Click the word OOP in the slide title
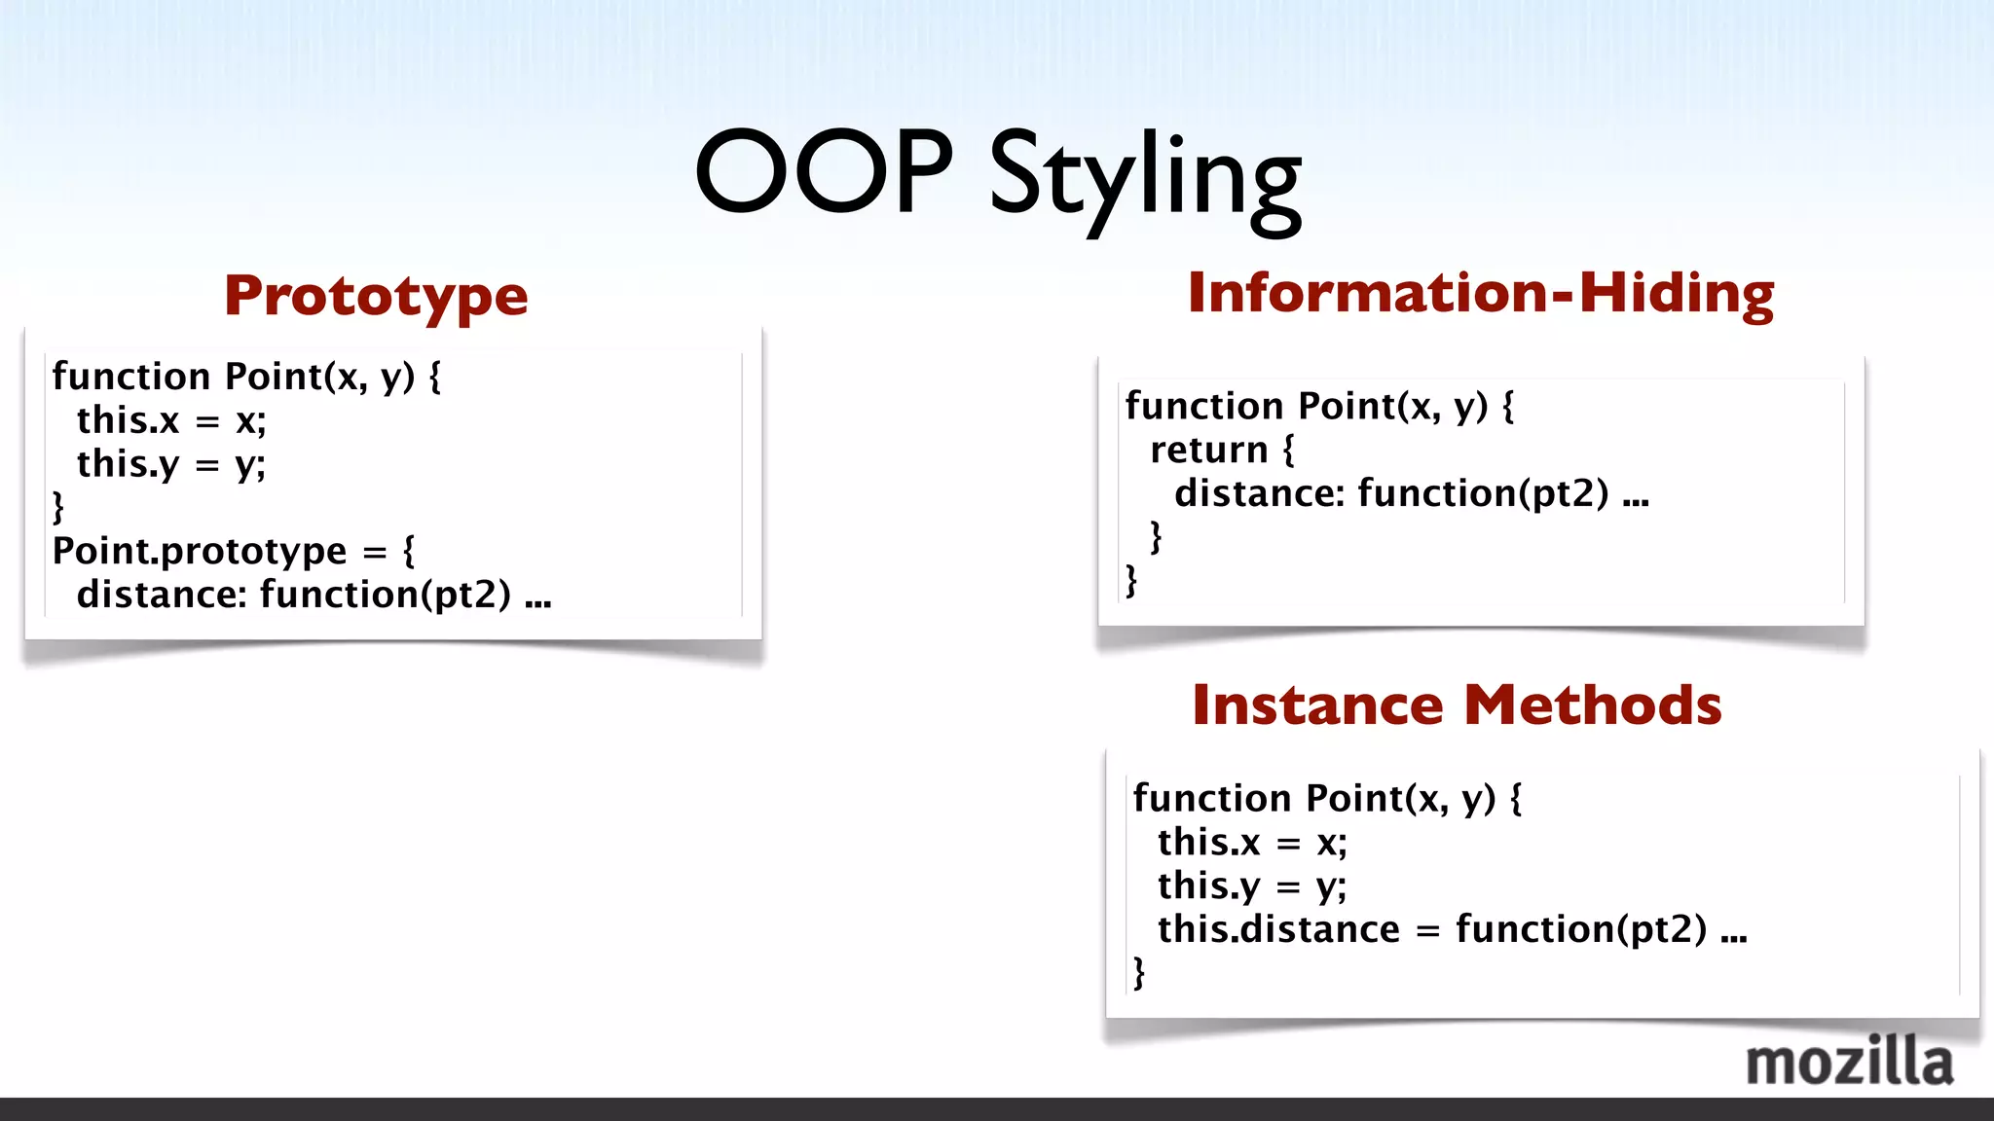click(824, 172)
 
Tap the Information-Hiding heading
click(1480, 292)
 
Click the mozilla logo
click(1849, 1062)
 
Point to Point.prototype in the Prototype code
click(199, 552)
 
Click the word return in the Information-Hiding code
click(1208, 451)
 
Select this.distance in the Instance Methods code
click(1277, 929)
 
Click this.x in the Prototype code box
click(128, 421)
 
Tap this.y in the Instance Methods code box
click(1208, 886)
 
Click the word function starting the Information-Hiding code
click(1203, 406)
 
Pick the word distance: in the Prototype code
click(162, 595)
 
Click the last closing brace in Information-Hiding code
click(1131, 581)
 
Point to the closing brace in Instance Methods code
click(1139, 972)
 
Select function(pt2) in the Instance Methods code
click(1580, 929)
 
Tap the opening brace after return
click(1289, 451)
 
